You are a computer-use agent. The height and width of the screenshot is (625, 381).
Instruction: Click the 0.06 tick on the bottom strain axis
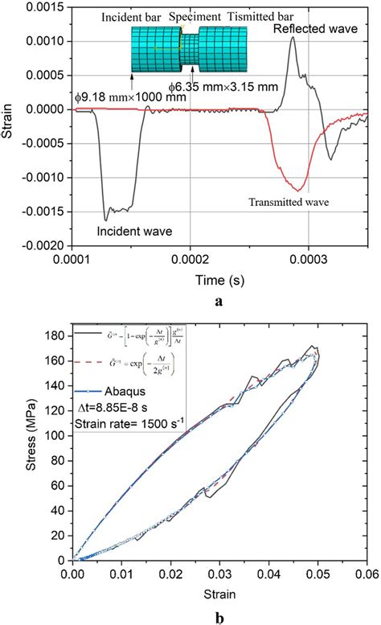367,574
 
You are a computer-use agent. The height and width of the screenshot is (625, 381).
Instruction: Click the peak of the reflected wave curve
293,37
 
